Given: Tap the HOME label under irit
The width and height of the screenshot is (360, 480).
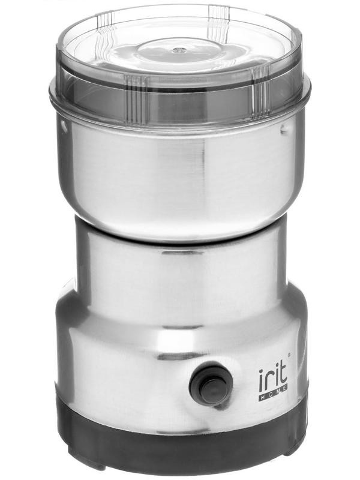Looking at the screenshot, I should (x=273, y=396).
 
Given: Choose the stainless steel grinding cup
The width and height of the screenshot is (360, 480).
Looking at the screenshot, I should (x=180, y=174).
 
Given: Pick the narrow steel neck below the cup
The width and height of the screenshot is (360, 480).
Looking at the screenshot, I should (x=180, y=270).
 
